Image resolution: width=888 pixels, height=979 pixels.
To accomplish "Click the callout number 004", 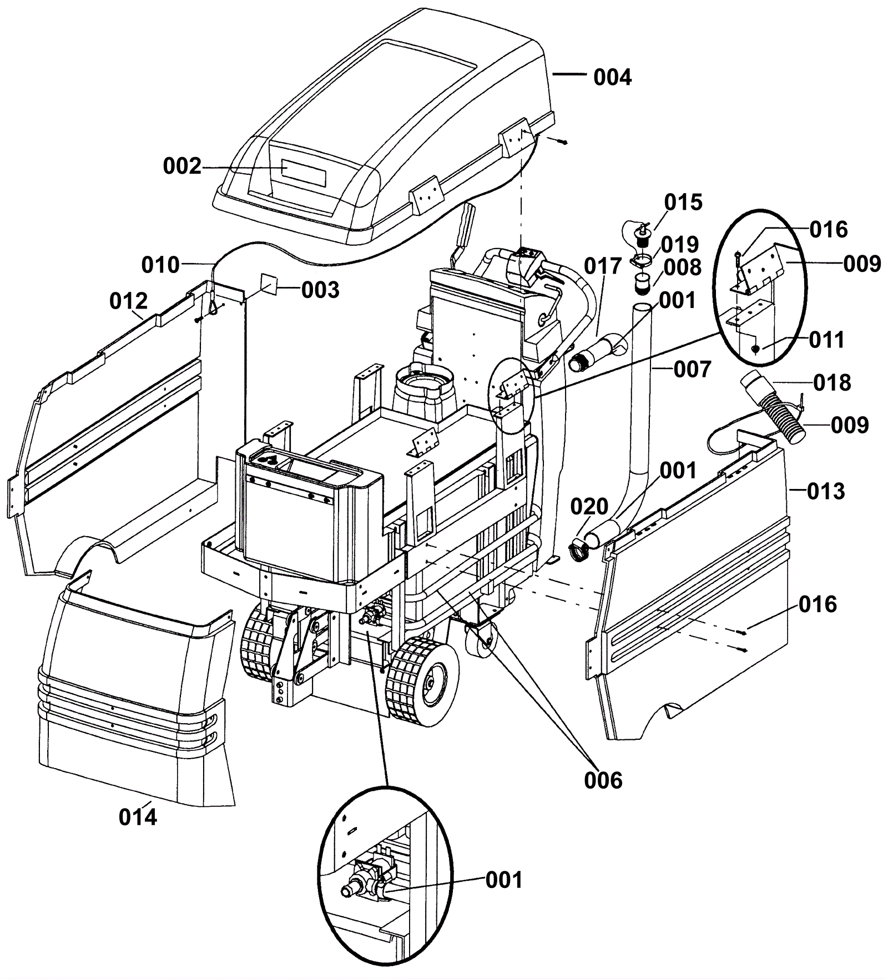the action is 613,77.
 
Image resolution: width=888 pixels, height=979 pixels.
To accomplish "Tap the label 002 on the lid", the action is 182,166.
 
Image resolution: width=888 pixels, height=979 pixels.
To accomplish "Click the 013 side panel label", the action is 826,491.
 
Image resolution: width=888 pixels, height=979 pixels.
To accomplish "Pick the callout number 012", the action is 128,301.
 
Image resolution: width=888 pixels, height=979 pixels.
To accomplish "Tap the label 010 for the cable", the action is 161,265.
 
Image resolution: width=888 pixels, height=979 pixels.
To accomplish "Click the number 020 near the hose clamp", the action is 589,506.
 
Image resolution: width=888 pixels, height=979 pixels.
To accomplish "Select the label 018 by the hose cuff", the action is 832,382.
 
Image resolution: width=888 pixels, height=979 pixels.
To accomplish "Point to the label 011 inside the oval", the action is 826,339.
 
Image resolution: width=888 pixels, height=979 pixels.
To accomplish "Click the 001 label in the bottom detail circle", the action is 504,880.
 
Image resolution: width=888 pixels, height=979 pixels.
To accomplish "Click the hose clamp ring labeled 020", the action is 579,546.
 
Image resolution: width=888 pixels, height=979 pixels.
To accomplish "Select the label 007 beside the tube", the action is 693,369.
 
